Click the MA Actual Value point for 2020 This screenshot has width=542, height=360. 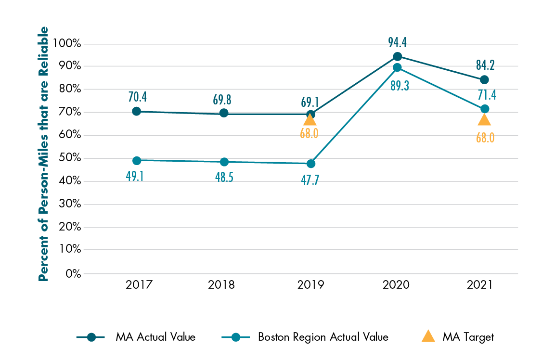coord(397,56)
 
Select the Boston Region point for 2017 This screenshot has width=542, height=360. coord(137,160)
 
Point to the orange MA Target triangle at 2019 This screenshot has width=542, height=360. coord(310,119)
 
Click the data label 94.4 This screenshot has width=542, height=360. coord(397,42)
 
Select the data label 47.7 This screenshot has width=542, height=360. coord(310,181)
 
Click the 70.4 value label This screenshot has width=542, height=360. coord(137,97)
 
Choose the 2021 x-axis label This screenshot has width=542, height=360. coord(480,285)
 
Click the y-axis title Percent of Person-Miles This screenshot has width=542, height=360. coord(43,154)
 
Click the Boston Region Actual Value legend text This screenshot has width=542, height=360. coord(323,337)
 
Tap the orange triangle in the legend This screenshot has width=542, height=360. coord(428,337)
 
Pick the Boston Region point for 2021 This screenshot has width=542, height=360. coord(484,109)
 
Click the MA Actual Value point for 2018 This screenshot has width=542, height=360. coord(224,113)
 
